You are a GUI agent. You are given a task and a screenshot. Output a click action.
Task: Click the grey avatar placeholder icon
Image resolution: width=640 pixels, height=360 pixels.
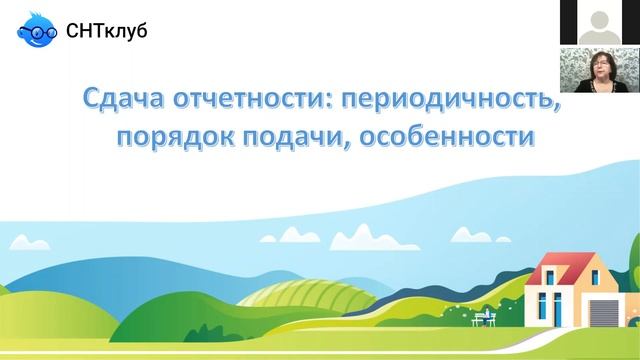point(599,20)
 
